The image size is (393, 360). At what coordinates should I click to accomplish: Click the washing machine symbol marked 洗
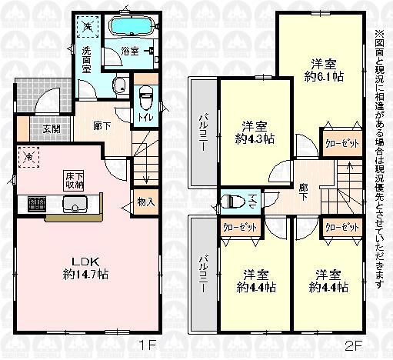coord(88,27)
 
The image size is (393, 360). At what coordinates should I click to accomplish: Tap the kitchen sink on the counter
coord(75,205)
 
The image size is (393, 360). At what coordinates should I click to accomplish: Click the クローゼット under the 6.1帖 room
coord(338,144)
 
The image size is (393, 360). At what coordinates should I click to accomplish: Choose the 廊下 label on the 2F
coord(303,192)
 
